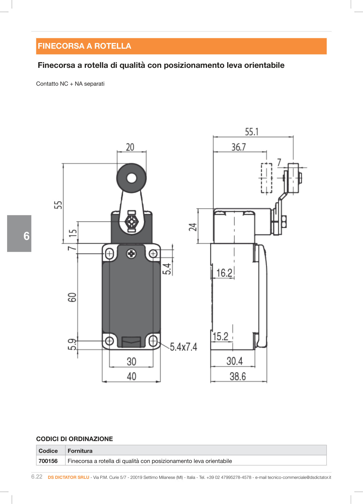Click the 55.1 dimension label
tap(251, 132)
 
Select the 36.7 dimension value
tap(239, 147)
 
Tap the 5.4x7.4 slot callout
tap(183, 347)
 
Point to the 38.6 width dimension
tap(238, 376)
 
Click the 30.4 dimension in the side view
tap(235, 361)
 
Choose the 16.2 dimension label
tap(224, 273)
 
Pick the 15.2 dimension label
tap(220, 336)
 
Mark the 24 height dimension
tap(193, 227)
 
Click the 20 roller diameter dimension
tap(130, 147)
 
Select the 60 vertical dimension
tap(72, 297)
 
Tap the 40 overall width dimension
tap(131, 376)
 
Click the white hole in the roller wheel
tap(131, 178)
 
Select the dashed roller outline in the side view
tap(266, 178)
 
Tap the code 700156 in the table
tap(48, 461)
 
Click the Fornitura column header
tap(80, 451)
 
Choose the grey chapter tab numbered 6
tap(19, 233)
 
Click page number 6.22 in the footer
tap(37, 477)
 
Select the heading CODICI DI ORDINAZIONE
tap(75, 439)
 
